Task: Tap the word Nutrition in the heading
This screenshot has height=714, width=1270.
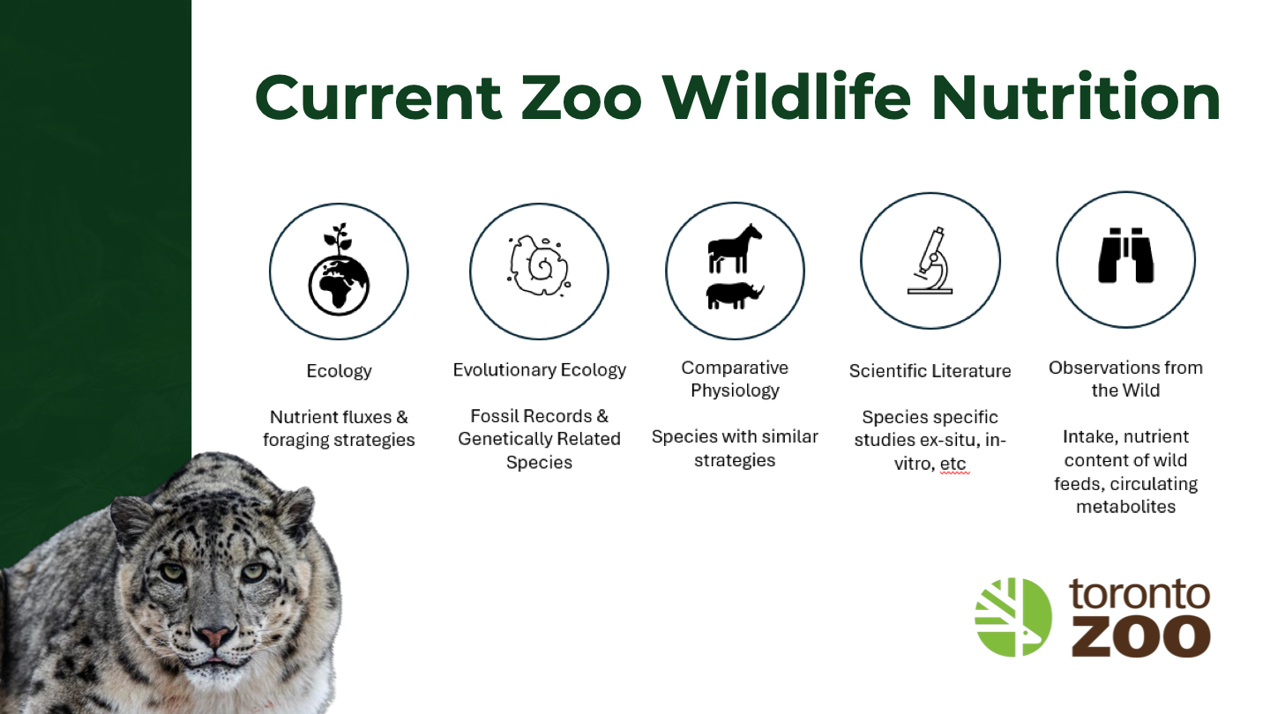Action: (x=1076, y=97)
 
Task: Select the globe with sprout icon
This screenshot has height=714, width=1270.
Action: (x=339, y=269)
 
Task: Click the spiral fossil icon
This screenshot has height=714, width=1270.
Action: (x=539, y=265)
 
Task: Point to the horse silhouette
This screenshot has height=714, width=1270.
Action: (x=735, y=249)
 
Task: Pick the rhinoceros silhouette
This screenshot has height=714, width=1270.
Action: (x=735, y=295)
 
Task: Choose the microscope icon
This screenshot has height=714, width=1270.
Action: (x=930, y=261)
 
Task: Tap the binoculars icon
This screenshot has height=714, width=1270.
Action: (x=1126, y=255)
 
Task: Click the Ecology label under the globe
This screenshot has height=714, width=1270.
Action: (x=339, y=371)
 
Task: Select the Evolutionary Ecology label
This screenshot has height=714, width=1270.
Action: (x=539, y=370)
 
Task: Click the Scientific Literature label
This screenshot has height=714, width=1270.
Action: (x=930, y=370)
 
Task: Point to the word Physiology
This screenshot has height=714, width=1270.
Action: (x=735, y=391)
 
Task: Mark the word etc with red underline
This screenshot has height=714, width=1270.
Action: (x=952, y=464)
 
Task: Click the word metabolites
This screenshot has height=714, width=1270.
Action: (x=1126, y=506)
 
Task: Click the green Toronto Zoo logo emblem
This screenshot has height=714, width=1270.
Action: (x=1013, y=617)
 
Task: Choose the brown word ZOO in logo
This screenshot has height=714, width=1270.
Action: (x=1140, y=637)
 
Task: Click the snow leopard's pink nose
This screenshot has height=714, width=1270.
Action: (x=214, y=636)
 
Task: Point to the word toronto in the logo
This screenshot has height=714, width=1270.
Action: (x=1139, y=594)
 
